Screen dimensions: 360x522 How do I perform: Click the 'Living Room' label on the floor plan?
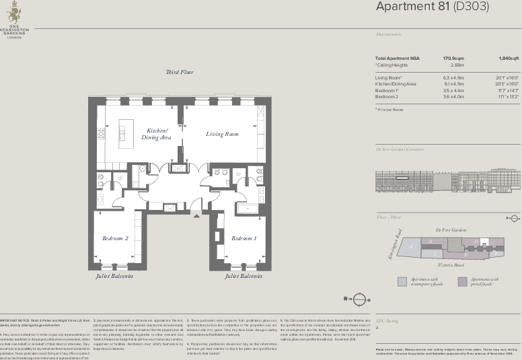pos(222,134)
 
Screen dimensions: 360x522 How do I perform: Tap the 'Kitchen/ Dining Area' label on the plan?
pos(156,133)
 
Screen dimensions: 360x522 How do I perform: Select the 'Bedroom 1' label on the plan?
pos(244,238)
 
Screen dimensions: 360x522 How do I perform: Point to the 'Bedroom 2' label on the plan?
pos(115,238)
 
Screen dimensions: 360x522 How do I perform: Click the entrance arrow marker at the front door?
pos(196,213)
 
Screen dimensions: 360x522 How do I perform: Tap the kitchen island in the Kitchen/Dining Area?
pos(125,135)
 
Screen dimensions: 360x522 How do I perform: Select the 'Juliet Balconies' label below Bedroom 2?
pos(114,276)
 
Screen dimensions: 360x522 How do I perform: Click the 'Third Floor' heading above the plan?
pos(180,72)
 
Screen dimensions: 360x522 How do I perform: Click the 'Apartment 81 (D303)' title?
pos(432,7)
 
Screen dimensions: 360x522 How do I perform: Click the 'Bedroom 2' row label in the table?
pos(387,96)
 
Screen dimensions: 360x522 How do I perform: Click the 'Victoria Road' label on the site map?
pos(450,265)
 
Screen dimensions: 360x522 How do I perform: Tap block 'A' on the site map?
pos(411,247)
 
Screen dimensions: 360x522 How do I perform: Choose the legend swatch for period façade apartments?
pos(462,282)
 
